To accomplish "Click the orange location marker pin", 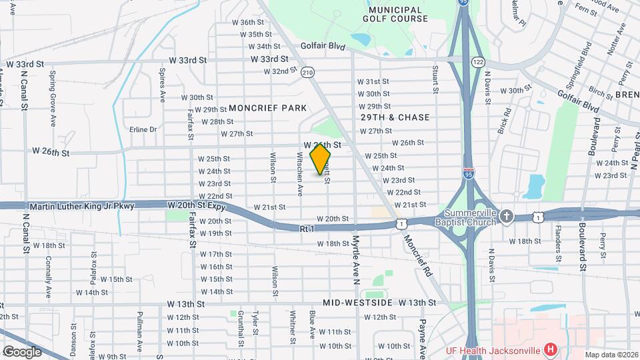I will (321, 160).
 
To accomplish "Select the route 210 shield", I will (307, 72).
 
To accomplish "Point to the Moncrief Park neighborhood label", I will (267, 108).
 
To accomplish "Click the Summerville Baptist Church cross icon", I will (507, 216).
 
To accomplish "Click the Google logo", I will (22, 351).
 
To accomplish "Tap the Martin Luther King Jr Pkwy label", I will (81, 206).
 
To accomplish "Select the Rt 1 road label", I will (307, 229).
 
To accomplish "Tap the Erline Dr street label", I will (143, 129).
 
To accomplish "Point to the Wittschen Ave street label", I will (299, 173).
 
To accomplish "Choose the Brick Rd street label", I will (508, 119).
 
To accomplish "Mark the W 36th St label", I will (252, 22).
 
